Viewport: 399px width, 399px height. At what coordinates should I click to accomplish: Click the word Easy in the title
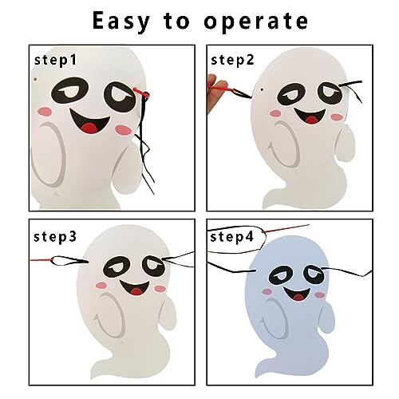click(121, 22)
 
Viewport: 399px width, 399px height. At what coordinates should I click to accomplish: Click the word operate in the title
click(255, 22)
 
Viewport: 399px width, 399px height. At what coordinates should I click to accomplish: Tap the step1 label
click(56, 60)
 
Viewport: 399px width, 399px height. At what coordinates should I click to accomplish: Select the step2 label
click(232, 60)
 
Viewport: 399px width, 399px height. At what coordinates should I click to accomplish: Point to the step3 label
click(55, 237)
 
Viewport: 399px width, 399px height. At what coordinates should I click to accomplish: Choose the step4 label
click(232, 237)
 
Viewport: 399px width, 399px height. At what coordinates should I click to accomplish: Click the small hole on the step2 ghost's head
click(262, 89)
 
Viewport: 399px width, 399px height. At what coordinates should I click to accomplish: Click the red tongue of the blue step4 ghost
click(298, 296)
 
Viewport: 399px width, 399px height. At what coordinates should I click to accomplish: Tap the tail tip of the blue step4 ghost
click(257, 374)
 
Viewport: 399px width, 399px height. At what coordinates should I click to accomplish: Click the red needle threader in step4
click(286, 228)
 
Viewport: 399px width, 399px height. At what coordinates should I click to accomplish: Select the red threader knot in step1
click(142, 93)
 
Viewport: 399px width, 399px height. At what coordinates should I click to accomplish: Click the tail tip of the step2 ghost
click(266, 205)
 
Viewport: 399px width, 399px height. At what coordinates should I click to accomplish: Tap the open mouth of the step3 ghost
click(134, 288)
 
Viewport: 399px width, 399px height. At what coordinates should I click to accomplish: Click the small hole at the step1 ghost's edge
click(36, 79)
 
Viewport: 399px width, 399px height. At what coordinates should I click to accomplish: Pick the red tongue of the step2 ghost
click(312, 120)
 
